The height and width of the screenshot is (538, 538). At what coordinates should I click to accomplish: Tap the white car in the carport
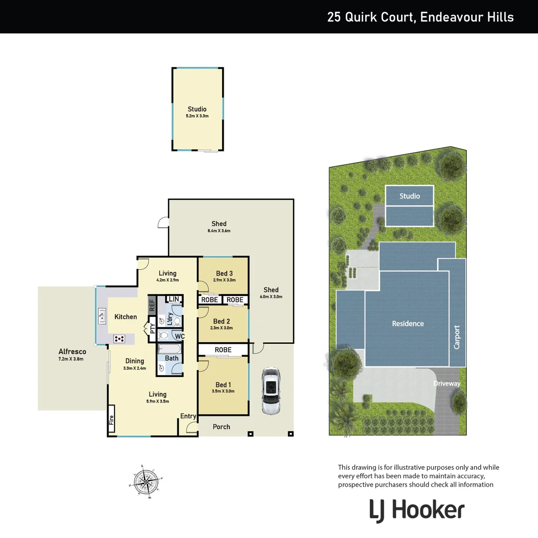271,391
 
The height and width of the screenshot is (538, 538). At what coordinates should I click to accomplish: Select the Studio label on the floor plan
197,109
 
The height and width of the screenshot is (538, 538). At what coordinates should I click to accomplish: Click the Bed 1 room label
223,385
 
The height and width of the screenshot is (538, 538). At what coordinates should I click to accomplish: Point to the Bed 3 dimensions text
224,280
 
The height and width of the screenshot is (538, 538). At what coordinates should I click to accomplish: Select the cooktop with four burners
120,339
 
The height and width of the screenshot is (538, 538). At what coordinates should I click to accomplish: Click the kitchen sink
102,316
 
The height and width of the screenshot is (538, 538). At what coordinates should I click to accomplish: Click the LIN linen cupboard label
174,299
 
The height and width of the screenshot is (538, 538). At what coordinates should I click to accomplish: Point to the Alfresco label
72,351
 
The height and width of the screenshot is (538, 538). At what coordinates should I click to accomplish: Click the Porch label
222,426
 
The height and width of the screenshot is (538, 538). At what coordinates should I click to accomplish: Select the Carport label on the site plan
457,337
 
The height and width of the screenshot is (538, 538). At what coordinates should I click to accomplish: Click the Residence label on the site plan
407,323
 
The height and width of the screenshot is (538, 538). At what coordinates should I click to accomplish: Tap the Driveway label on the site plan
446,384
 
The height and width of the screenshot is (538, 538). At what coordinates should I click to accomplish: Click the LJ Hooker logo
416,511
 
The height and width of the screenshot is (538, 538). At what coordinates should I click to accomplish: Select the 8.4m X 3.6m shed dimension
219,231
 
